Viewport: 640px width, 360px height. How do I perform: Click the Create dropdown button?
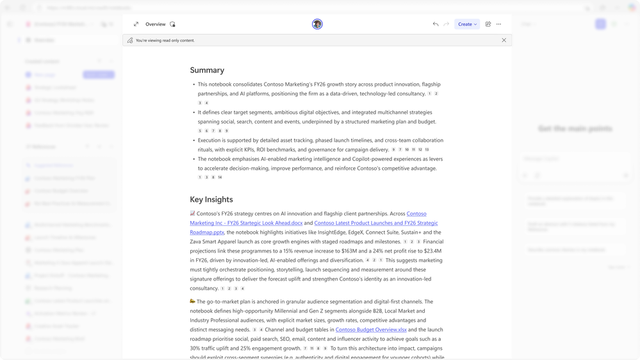[467, 24]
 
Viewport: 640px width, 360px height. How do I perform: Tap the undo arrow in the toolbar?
[436, 24]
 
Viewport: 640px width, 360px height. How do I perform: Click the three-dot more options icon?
[498, 24]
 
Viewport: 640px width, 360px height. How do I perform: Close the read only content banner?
[504, 40]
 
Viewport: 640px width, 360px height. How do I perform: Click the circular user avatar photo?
[317, 24]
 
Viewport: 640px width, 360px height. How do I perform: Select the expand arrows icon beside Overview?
[136, 24]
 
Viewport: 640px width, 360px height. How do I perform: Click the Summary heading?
[207, 70]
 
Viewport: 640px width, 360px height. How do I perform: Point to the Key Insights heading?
[211, 200]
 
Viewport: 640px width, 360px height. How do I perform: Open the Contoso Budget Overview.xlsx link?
[371, 330]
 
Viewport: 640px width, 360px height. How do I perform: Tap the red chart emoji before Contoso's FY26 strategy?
[193, 214]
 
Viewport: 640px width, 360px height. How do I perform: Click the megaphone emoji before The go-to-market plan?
[193, 302]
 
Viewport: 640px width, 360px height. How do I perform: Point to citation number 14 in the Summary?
[220, 177]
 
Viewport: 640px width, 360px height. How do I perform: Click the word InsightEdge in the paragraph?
[323, 233]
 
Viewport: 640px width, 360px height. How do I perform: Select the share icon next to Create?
[488, 24]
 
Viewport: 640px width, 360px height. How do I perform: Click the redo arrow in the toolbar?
[446, 24]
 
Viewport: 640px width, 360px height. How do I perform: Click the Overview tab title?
[156, 24]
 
